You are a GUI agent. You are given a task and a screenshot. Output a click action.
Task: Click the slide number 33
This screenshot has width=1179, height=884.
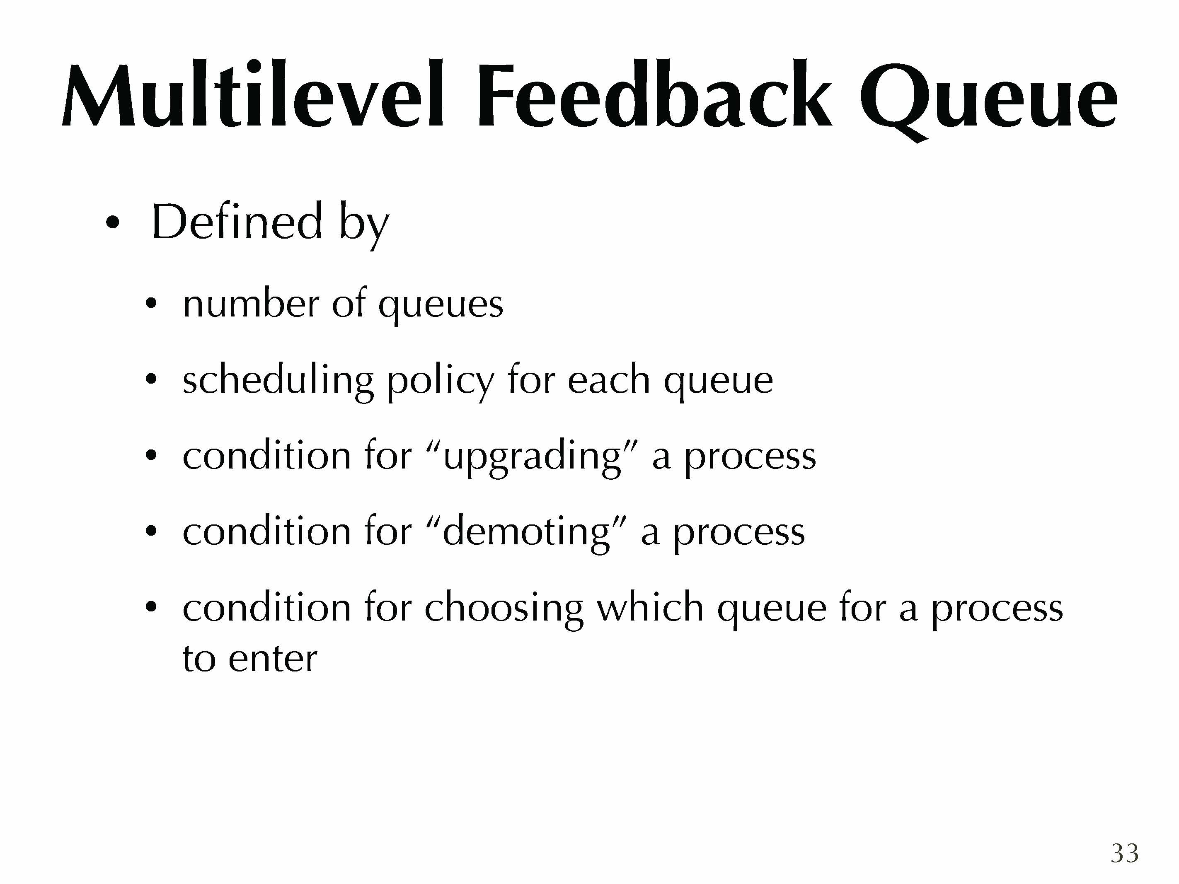(1125, 853)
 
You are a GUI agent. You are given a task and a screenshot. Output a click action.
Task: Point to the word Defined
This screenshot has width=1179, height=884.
(237, 222)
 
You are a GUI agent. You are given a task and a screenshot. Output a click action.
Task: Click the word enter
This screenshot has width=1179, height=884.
(272, 659)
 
